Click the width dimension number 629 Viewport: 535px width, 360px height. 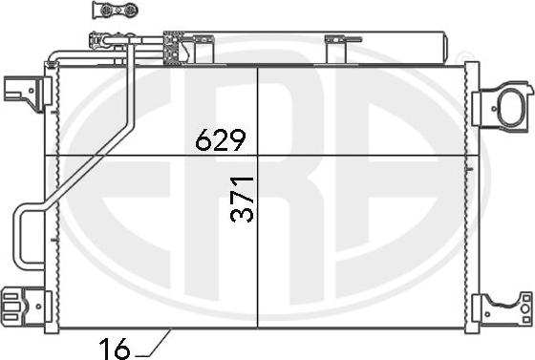tap(221, 139)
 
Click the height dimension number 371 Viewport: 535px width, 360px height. tap(242, 200)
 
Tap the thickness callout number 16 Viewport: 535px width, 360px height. tap(115, 349)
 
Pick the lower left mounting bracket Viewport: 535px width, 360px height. tap(27, 307)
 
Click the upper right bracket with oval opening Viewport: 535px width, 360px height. tap(503, 105)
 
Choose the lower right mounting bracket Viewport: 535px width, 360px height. tap(502, 308)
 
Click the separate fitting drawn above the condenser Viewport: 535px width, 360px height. tap(116, 10)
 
